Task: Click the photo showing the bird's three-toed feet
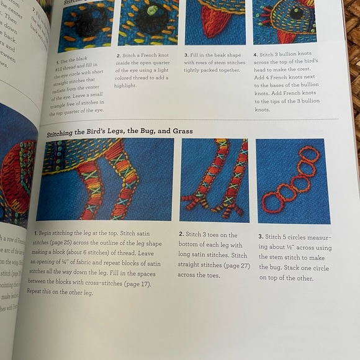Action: tap(214, 180)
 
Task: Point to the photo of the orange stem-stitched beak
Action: tap(214, 22)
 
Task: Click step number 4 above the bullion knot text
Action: tap(256, 55)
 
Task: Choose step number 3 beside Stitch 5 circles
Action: tap(260, 237)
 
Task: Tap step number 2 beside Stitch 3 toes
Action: tap(181, 235)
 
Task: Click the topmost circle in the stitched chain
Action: tap(310, 155)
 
